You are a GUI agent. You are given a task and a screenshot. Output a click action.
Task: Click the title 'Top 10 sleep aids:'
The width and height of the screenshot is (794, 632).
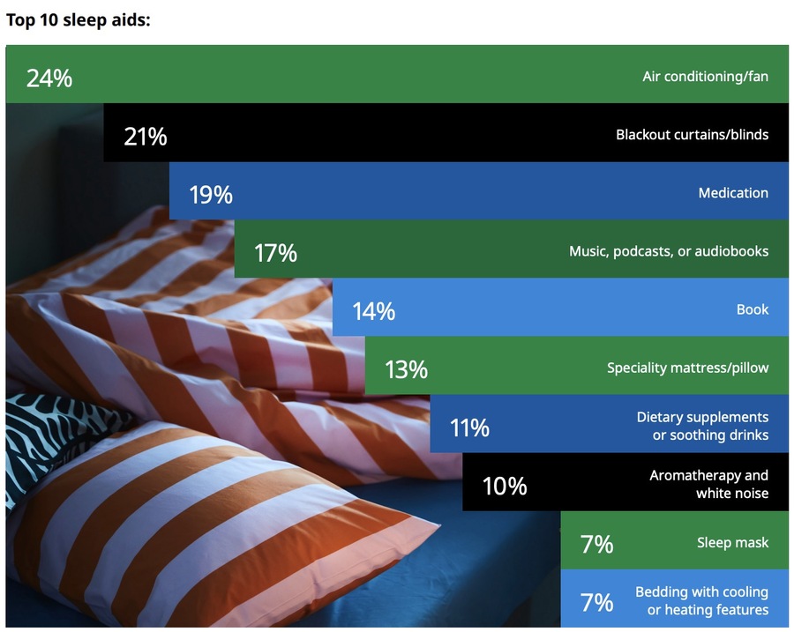coord(78,20)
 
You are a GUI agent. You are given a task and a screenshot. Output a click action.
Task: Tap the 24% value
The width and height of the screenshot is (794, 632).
coord(49,78)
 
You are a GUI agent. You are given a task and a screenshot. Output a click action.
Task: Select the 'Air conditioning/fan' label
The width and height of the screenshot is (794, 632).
coord(706,77)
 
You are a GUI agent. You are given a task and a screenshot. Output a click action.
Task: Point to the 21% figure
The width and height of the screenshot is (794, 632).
coord(146,137)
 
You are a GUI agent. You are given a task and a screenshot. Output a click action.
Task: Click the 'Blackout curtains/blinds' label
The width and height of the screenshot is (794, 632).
coord(693,135)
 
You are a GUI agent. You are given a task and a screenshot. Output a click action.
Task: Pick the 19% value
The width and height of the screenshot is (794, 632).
coord(211,195)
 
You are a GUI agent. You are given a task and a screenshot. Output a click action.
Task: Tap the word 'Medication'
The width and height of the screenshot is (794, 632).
coord(733,193)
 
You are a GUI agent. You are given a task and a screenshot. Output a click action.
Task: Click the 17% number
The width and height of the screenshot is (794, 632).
coord(275,253)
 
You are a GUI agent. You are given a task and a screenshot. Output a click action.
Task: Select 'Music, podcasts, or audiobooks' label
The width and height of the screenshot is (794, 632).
coord(669,251)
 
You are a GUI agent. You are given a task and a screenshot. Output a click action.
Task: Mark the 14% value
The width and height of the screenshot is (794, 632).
coord(374,311)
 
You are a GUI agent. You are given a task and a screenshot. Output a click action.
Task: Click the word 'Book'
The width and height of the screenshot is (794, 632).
coord(753,309)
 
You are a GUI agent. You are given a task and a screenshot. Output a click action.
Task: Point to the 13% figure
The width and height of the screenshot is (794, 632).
coord(406,369)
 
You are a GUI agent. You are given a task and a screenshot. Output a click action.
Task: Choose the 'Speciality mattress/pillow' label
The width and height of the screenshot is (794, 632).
coord(687,368)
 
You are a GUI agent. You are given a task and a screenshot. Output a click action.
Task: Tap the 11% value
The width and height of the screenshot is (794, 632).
coord(470,428)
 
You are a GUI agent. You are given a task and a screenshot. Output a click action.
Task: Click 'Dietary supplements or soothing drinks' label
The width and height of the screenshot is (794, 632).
coord(702,426)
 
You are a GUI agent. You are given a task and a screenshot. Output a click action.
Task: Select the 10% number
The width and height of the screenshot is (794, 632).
coord(505,487)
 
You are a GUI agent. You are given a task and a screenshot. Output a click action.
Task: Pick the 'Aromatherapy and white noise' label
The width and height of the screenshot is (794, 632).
coord(709,484)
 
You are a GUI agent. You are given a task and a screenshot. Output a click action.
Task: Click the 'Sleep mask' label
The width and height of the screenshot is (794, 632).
coord(733,542)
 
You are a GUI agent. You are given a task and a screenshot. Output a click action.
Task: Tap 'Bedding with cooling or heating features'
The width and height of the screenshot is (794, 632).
coord(702,600)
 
